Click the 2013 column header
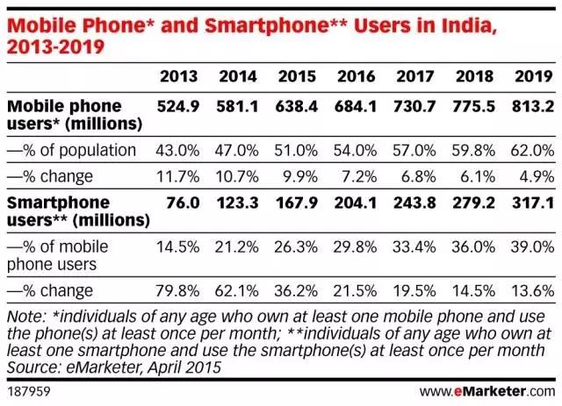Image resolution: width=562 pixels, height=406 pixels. coord(177,76)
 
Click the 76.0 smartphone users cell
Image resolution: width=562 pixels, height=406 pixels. coord(183,205)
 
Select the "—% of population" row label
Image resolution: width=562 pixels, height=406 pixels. coord(71,150)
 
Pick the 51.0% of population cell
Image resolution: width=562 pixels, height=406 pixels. coord(294,150)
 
